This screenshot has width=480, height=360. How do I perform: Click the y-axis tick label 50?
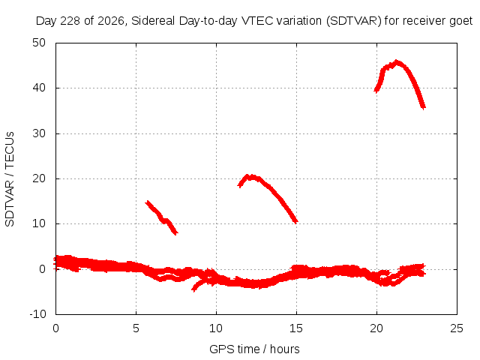tap(39, 43)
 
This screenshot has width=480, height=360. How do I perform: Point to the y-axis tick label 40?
tap(39, 88)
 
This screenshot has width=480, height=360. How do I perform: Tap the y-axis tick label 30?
tap(39, 133)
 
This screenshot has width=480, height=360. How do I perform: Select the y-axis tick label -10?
tap(37, 314)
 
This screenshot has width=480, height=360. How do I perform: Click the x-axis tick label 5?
tap(136, 328)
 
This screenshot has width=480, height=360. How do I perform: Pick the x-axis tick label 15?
tap(296, 328)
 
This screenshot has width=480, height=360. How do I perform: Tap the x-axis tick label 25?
tap(457, 328)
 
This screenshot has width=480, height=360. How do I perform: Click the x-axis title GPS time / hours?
tap(254, 349)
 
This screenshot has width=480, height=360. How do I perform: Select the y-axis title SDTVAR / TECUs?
tap(10, 179)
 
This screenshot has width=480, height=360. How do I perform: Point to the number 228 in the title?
tap(70, 21)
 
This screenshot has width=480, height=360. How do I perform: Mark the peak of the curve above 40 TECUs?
tap(397, 61)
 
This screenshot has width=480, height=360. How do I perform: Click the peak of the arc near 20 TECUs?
tap(250, 176)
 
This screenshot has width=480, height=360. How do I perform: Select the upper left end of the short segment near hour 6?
tap(148, 202)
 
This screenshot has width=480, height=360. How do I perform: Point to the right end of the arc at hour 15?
tap(295, 222)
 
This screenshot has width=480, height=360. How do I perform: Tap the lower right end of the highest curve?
tap(424, 107)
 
